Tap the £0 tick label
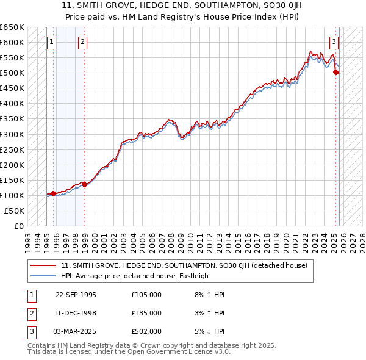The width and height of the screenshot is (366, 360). (x=18, y=226)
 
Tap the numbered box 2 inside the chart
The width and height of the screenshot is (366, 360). (x=82, y=42)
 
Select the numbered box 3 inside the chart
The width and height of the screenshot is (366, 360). (x=334, y=42)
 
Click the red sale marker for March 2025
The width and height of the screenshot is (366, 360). (x=335, y=72)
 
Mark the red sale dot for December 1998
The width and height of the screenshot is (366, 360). (x=84, y=184)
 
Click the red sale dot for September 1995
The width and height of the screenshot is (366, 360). (x=53, y=193)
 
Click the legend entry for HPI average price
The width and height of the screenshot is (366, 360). (x=135, y=276)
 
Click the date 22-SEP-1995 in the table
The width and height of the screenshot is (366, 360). (x=76, y=295)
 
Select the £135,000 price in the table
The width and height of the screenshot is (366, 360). (x=146, y=313)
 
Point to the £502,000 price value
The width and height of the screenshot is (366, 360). (x=146, y=331)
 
